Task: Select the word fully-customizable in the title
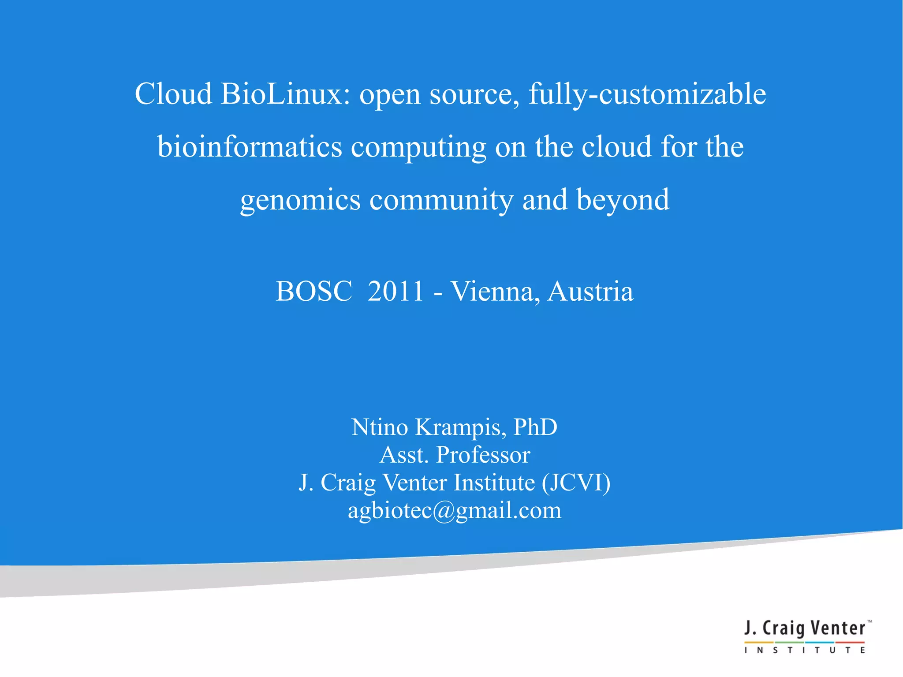[x=647, y=95]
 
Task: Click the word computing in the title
[x=418, y=148]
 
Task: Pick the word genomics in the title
[x=300, y=201]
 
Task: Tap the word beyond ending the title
[x=623, y=201]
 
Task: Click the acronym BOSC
[x=314, y=292]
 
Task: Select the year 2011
[x=396, y=292]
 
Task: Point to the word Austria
[x=590, y=292]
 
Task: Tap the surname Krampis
[x=461, y=427]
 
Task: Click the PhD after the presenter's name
[x=535, y=427]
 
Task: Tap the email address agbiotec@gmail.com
[x=455, y=511]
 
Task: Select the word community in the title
[x=441, y=201]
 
